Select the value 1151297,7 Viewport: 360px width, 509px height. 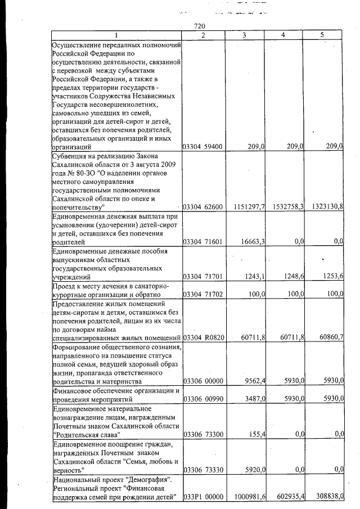point(245,207)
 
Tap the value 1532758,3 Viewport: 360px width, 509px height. point(285,207)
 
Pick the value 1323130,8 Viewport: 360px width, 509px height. point(325,207)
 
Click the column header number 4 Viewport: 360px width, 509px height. point(283,35)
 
